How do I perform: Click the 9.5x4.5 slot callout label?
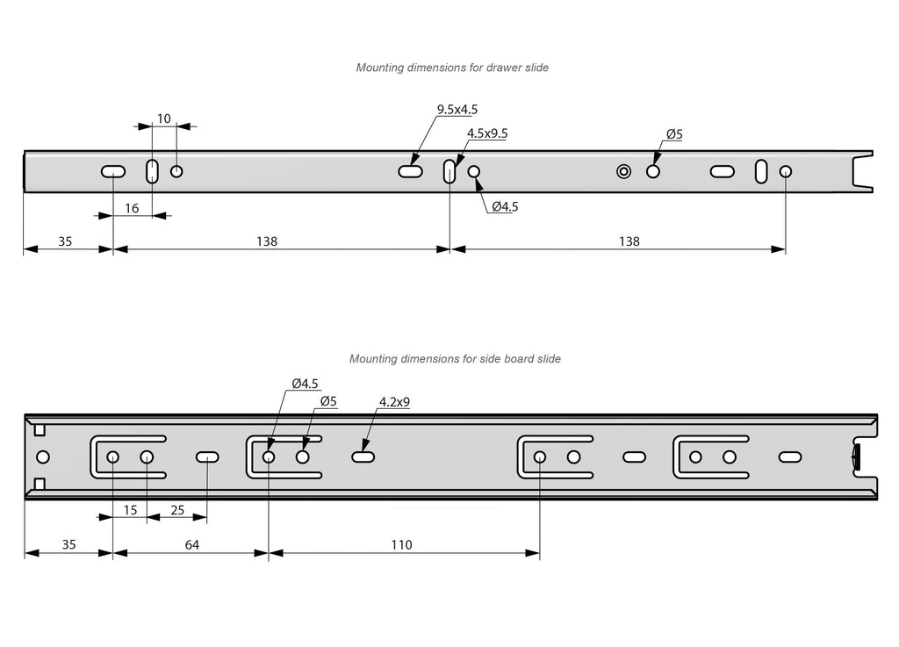pos(457,110)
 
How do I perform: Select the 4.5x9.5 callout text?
pos(487,133)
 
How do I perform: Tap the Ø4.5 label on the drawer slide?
pos(505,207)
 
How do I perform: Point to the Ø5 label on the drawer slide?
pos(674,134)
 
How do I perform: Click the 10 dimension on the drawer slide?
pos(164,119)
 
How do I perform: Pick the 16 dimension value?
pos(132,208)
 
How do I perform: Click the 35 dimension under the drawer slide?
pos(66,241)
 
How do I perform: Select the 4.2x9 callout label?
pos(395,402)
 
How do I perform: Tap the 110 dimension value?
pos(401,545)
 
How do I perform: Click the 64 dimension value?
pos(191,545)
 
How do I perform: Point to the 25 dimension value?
pos(177,510)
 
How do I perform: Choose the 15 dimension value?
pos(130,510)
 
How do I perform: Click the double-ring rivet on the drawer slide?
pos(623,171)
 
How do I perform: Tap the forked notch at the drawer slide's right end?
pos(864,170)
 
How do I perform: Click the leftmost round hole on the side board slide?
pos(43,457)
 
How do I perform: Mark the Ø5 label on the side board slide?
pos(328,401)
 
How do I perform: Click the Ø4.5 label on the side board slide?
pos(305,384)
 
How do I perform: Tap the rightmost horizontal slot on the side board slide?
pos(789,457)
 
